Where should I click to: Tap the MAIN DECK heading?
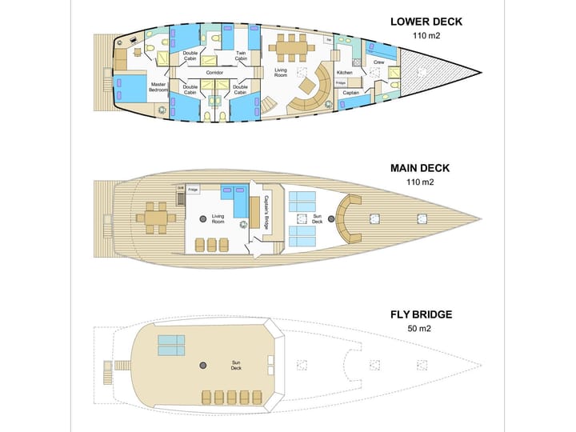click(x=419, y=168)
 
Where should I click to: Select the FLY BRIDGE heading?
click(x=421, y=314)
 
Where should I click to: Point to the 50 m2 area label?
click(x=421, y=329)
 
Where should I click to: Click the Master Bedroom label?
click(x=159, y=87)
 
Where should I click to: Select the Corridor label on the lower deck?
click(x=214, y=73)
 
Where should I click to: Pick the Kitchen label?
click(x=344, y=73)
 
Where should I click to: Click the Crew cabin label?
click(x=379, y=62)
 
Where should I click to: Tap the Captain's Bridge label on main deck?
click(x=266, y=215)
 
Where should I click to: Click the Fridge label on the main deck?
click(x=193, y=190)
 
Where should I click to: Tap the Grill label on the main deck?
click(x=181, y=188)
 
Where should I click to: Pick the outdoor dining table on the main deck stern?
click(x=156, y=216)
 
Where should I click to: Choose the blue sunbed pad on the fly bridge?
click(x=171, y=345)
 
